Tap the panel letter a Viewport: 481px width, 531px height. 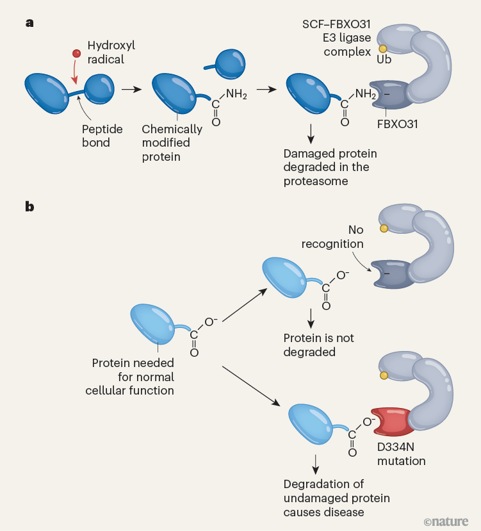click(x=29, y=23)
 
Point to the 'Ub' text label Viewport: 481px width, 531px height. click(x=384, y=59)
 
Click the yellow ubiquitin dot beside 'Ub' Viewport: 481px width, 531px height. click(x=383, y=49)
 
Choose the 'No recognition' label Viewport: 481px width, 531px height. click(x=356, y=236)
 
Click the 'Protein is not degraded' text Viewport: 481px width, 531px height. click(x=319, y=345)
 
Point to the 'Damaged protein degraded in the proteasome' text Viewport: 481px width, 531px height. click(x=330, y=167)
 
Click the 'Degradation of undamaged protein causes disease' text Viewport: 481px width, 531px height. click(x=337, y=498)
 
